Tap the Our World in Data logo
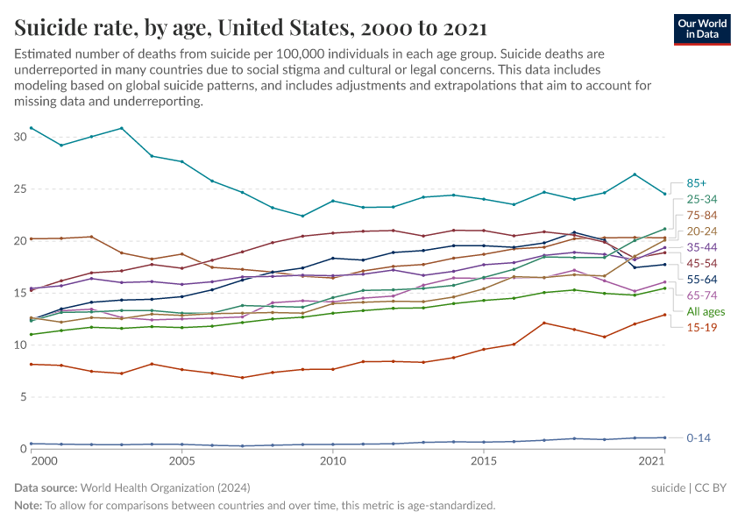coord(703,28)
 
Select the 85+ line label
coord(697,183)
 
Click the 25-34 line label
coord(702,199)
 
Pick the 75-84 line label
coord(702,215)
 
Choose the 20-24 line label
coord(702,231)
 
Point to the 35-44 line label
coord(702,247)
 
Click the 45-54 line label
coord(702,263)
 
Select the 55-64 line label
coord(702,280)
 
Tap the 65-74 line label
coord(702,295)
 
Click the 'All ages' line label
coord(705,311)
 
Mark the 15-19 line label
coord(701,327)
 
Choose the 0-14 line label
coord(699,437)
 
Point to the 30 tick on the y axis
coord(20,137)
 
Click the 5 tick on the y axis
coord(24,397)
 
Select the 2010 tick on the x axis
coord(332,461)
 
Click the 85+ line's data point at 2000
coord(31,128)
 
